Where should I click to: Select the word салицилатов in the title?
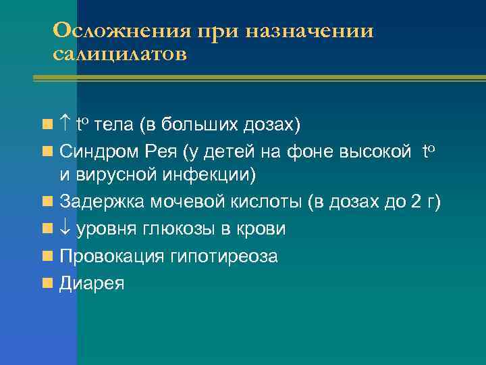click(x=119, y=53)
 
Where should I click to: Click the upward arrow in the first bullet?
click(x=65, y=124)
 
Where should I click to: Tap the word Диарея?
click(x=92, y=283)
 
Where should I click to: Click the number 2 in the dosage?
click(x=415, y=202)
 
